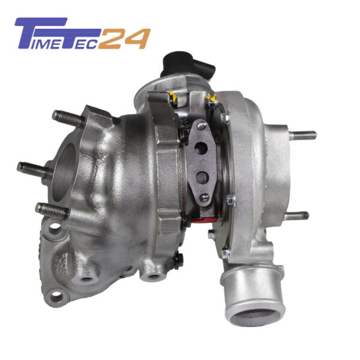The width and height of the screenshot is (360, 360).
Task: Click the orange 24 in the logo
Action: point(125,38)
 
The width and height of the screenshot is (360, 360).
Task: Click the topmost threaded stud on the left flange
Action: point(68,119)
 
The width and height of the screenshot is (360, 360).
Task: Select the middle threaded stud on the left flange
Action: point(34,170)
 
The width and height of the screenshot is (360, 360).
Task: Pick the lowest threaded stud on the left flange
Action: point(52,210)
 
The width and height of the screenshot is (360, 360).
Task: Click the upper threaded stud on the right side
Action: point(302,135)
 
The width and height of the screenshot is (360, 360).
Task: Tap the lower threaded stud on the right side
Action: point(296,216)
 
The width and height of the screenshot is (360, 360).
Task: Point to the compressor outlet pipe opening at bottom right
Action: point(254,317)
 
